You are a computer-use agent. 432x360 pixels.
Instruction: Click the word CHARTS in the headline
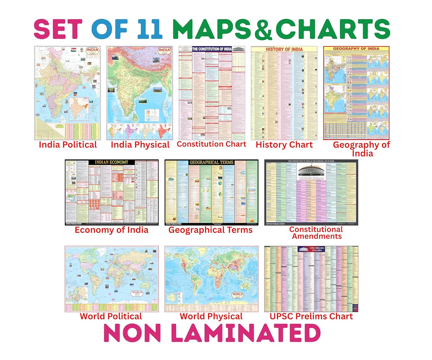[x=333, y=29]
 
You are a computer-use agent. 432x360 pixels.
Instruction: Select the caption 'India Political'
[x=68, y=145]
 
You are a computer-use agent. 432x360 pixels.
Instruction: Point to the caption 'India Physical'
[x=140, y=145]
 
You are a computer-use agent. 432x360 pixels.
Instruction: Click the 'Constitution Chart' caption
[x=211, y=144]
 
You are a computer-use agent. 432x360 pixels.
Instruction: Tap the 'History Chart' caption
[x=284, y=145]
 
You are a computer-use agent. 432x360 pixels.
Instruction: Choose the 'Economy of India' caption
[x=111, y=230]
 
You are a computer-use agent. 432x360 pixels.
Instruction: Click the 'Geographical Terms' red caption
[x=210, y=230]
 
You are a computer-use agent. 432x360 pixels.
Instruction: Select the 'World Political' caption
[x=111, y=316]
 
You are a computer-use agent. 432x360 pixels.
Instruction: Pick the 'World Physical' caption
[x=211, y=316]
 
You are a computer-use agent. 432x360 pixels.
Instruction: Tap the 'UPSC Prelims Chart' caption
[x=311, y=316]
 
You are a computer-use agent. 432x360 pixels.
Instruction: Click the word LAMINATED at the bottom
[x=246, y=333]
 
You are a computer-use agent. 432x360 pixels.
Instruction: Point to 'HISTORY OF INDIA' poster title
[x=284, y=49]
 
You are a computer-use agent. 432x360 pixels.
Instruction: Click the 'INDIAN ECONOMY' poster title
[x=111, y=162]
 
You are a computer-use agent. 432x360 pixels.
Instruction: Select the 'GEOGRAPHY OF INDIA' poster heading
[x=356, y=49]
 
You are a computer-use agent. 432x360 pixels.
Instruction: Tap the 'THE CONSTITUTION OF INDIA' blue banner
[x=212, y=49]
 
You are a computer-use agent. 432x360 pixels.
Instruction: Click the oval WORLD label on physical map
[x=237, y=295]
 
